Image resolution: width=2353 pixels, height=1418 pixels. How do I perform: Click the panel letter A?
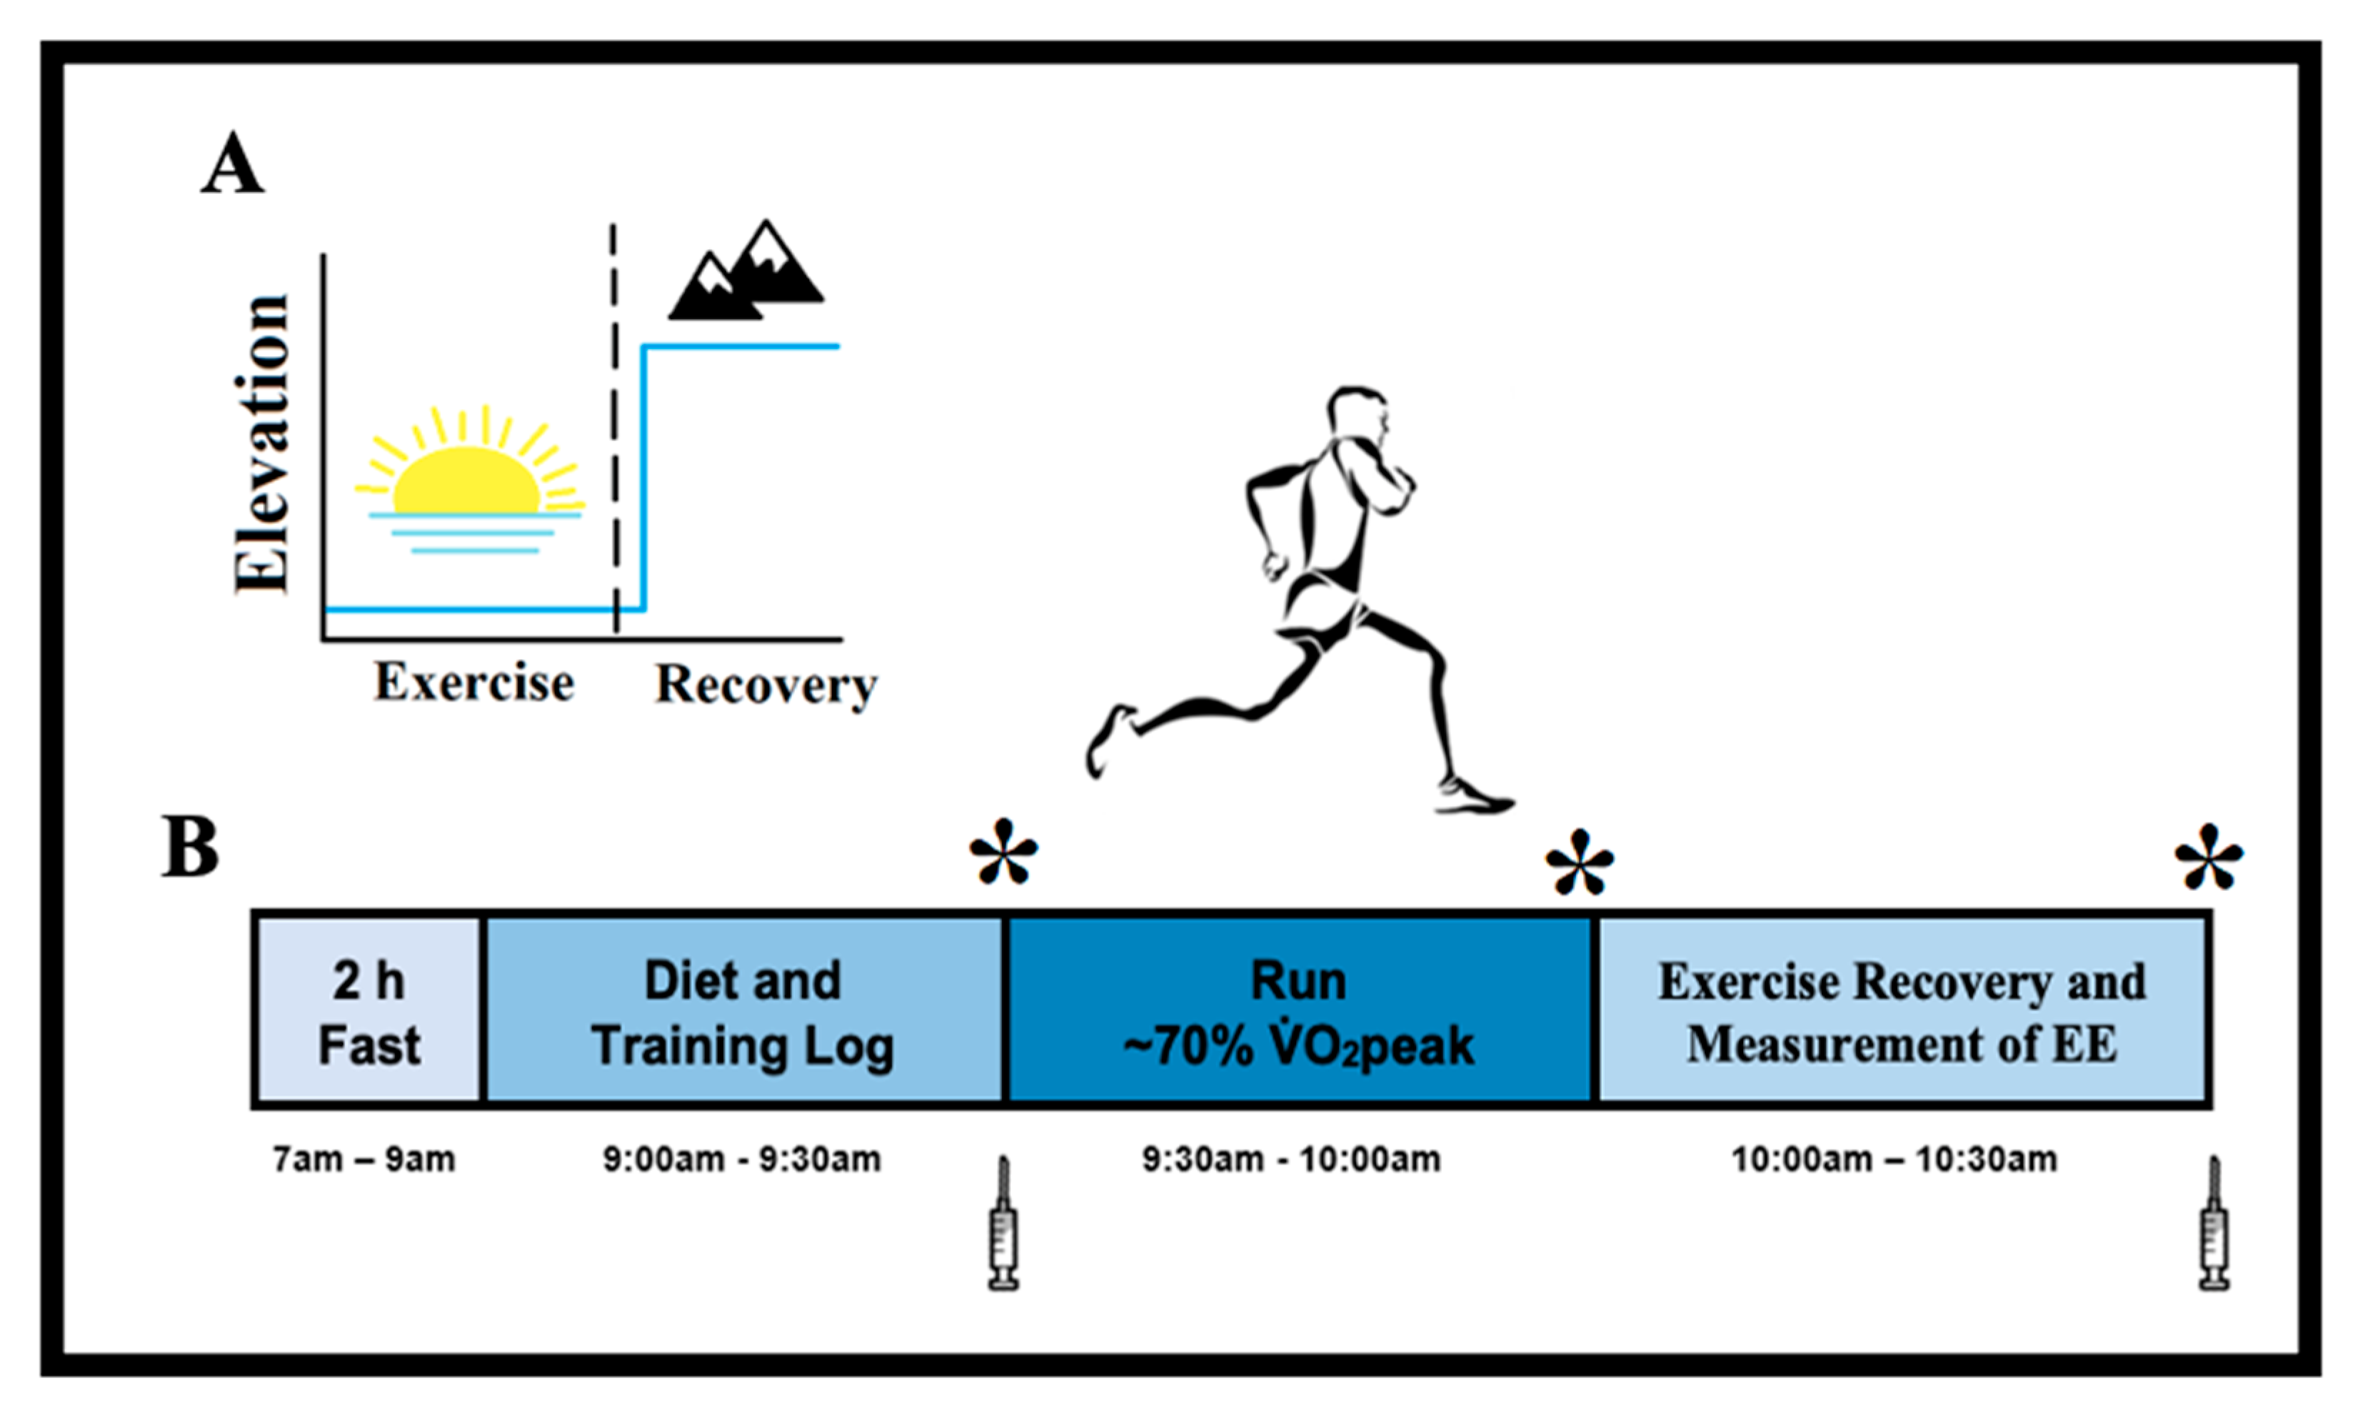tap(232, 164)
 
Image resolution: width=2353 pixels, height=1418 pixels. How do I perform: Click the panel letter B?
tap(190, 847)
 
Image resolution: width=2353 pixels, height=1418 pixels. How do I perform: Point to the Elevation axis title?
tap(261, 444)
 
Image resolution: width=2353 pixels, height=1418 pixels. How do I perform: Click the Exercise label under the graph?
tap(473, 682)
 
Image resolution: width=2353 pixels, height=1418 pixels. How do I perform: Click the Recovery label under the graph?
tap(765, 685)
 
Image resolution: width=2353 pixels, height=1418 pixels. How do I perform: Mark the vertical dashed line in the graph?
tap(614, 430)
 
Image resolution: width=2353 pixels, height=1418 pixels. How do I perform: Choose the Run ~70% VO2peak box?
tap(1299, 1011)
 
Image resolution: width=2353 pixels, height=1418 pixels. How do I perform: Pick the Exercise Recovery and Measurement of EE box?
tap(1902, 1011)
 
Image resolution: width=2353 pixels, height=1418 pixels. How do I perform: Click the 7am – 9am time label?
tap(363, 1160)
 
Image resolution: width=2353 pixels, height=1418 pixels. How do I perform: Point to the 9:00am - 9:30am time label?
tap(742, 1160)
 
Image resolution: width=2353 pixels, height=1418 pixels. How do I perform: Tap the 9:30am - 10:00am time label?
tap(1291, 1160)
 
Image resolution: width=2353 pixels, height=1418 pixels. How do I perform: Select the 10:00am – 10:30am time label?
tap(1895, 1160)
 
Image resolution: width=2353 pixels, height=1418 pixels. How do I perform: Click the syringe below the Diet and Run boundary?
tap(1003, 1225)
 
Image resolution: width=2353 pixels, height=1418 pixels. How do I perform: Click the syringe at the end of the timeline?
tap(2214, 1225)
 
